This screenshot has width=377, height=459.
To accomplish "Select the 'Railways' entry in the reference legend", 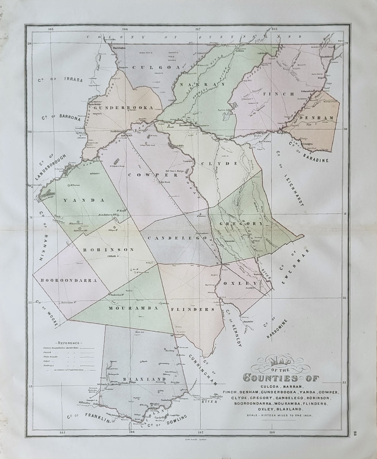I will point(50,365).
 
